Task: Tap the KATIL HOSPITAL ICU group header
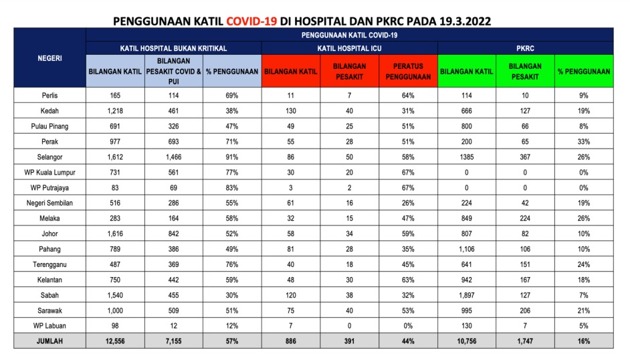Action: pyautogui.click(x=350, y=48)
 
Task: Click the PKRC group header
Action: pyautogui.click(x=525, y=48)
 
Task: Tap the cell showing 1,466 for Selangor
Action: pyautogui.click(x=174, y=157)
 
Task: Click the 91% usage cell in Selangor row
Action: pyautogui.click(x=231, y=157)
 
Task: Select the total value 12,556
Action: pyautogui.click(x=116, y=341)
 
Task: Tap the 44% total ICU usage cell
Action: pyautogui.click(x=409, y=341)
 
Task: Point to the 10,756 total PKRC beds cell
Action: pyautogui.click(x=467, y=341)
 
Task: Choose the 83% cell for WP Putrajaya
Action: pyautogui.click(x=231, y=188)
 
